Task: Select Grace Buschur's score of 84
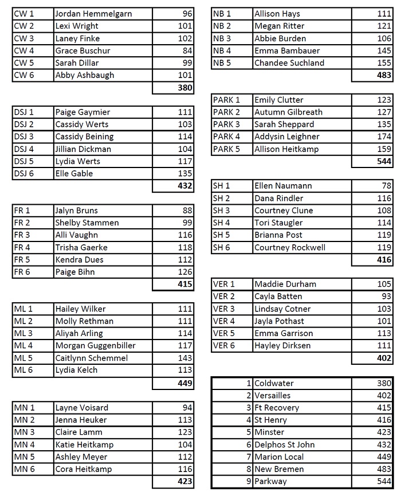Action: click(x=187, y=50)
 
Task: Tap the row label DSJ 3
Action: click(x=23, y=137)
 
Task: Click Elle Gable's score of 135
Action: click(x=184, y=173)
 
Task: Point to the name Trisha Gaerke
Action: click(x=81, y=247)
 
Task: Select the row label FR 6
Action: click(x=22, y=272)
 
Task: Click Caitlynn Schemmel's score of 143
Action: click(x=184, y=358)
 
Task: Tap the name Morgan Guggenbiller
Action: click(x=95, y=346)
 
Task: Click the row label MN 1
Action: click(x=24, y=408)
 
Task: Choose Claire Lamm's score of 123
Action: click(x=184, y=432)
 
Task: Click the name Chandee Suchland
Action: click(x=289, y=63)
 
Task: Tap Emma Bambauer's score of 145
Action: click(x=384, y=50)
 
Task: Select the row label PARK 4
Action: click(x=226, y=137)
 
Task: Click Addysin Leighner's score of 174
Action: click(x=384, y=137)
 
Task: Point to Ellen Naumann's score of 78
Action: click(x=386, y=186)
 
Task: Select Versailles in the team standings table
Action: click(x=272, y=396)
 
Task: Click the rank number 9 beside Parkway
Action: click(x=249, y=482)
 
